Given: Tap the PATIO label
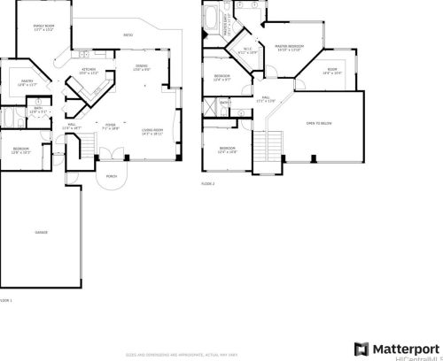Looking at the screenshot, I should coord(128,35).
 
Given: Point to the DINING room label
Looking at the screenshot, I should coord(141,67).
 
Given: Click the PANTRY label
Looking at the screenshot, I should coord(27,81).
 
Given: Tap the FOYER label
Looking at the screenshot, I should coord(111,126).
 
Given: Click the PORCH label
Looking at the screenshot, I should coord(112,176).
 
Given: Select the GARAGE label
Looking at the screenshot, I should coord(42,232).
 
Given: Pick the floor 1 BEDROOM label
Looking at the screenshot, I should coord(21,148).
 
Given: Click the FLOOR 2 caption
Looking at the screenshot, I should coord(207,184).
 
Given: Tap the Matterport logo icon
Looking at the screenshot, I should coord(361,348).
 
